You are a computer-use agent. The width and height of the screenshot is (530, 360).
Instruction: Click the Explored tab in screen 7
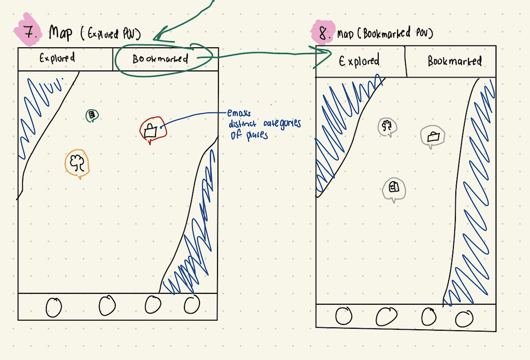coord(57,59)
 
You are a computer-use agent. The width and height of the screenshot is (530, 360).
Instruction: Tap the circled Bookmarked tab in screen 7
coord(160,59)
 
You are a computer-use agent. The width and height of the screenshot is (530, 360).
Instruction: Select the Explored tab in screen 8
coord(359,61)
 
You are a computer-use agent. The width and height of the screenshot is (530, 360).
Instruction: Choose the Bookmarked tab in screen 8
coord(454,61)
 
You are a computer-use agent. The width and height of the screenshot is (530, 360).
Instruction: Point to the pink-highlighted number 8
coord(323,33)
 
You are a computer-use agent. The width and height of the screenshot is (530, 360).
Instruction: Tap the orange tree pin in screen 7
coord(78,163)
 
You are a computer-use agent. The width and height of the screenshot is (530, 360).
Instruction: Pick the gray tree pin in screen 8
coord(388,127)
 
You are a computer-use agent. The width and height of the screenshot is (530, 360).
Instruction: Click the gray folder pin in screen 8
coord(433,136)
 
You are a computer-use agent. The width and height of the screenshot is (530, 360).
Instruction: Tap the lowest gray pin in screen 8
coord(393,188)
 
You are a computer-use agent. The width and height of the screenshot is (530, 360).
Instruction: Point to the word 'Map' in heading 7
coord(60,33)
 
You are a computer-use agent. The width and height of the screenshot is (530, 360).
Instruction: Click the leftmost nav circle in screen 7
coord(53,307)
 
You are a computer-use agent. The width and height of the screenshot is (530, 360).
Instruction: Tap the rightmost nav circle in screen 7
coord(191,305)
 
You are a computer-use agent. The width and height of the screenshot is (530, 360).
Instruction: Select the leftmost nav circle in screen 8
coord(344,316)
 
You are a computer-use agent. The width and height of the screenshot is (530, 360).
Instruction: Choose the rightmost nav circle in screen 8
coord(464,319)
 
